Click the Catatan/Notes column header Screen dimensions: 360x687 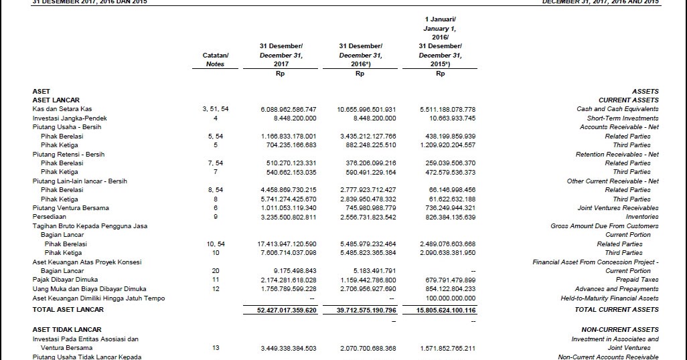[215, 60]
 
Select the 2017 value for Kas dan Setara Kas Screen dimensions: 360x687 [289, 109]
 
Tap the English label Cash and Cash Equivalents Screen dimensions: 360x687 [617, 109]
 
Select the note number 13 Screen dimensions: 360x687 [215, 348]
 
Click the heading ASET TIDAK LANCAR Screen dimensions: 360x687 [67, 330]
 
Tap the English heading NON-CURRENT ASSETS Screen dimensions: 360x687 [620, 330]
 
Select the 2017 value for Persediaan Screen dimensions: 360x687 [289, 217]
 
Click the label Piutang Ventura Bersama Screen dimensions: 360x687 [70, 208]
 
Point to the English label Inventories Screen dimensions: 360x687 [641, 217]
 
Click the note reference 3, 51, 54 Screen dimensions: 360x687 [215, 109]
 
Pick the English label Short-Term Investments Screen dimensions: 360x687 [623, 118]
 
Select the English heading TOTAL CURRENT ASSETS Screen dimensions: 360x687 [617, 310]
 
